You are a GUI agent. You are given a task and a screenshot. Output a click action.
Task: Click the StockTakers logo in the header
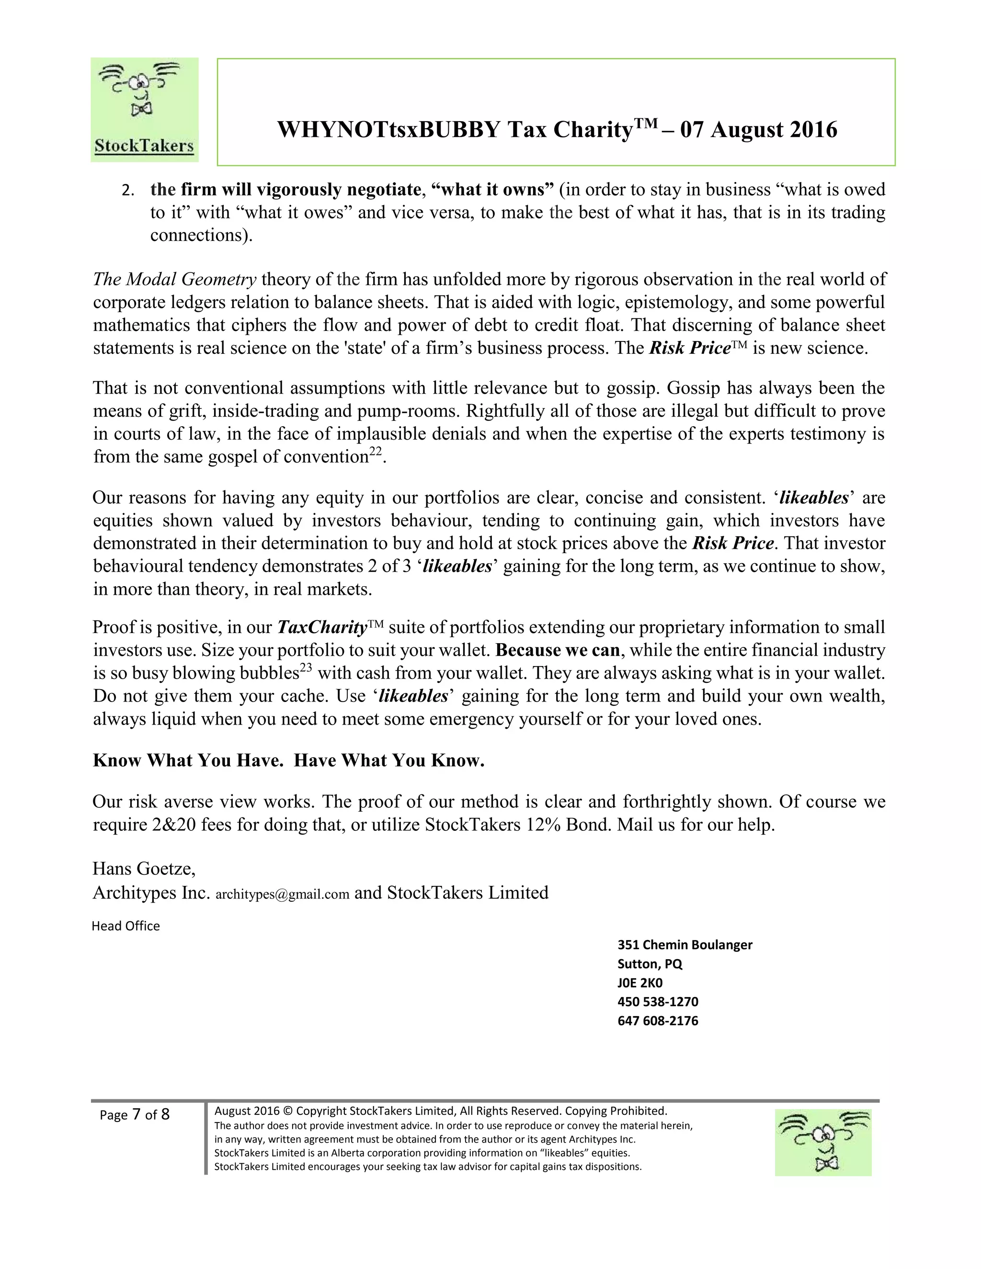coord(144,109)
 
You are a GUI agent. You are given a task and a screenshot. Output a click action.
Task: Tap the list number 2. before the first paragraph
coord(127,191)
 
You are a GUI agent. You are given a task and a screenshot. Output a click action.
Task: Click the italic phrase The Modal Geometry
coord(174,280)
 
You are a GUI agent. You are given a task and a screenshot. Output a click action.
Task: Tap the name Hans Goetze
coord(143,869)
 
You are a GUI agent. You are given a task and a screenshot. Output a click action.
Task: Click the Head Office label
coord(125,926)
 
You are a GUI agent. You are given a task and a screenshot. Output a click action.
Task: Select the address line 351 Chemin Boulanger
coord(684,945)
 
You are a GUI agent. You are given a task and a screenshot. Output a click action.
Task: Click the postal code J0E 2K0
coord(640,983)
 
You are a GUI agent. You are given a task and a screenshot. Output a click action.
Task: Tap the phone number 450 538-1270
coord(658,1002)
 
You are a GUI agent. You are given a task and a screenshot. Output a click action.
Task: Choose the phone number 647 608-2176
coord(658,1021)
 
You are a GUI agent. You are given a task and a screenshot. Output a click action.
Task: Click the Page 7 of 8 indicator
coord(134,1114)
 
